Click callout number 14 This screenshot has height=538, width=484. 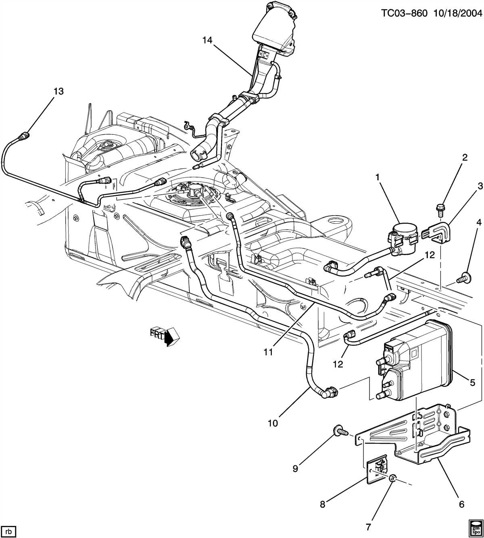click(207, 40)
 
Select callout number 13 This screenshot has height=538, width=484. click(58, 91)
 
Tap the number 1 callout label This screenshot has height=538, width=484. click(378, 178)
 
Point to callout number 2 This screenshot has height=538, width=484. click(465, 158)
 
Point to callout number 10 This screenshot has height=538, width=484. click(273, 423)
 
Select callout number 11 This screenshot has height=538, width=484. click(269, 352)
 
